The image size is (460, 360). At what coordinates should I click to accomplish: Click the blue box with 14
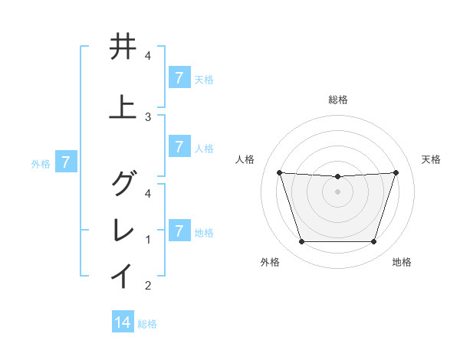coord(123,322)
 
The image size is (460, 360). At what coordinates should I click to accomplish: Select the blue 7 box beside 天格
coord(179,78)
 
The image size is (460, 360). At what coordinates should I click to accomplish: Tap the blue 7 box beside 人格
coord(179,146)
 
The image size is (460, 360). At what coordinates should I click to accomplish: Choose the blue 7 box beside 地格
coord(179,231)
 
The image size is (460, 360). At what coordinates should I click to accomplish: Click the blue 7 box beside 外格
coord(66,162)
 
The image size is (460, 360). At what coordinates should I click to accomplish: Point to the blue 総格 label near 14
coord(147,324)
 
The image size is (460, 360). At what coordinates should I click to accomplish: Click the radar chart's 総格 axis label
coord(337,100)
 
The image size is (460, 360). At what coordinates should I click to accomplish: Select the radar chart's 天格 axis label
coord(432,159)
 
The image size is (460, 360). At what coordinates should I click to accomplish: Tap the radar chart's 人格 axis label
coord(245,159)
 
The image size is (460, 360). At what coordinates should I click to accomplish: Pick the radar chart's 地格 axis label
coord(402,262)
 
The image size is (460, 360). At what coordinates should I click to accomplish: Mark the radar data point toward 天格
coord(396,172)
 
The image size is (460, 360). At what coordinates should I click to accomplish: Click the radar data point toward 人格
coord(279,172)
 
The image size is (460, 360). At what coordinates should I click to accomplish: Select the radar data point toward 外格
coord(301,242)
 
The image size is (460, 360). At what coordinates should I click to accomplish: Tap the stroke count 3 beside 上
coord(148,117)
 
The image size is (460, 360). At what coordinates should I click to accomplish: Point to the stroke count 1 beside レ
coord(148,240)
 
